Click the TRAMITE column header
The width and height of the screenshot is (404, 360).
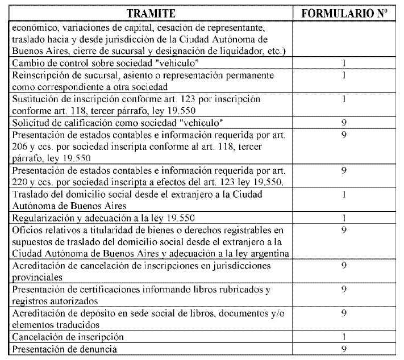coord(151,12)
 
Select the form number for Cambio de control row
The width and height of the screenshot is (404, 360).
coord(344,63)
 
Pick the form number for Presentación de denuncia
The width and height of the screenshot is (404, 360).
coord(344,348)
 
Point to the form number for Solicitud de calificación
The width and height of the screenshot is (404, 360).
coord(344,123)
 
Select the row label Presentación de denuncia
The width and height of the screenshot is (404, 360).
coord(61,348)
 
